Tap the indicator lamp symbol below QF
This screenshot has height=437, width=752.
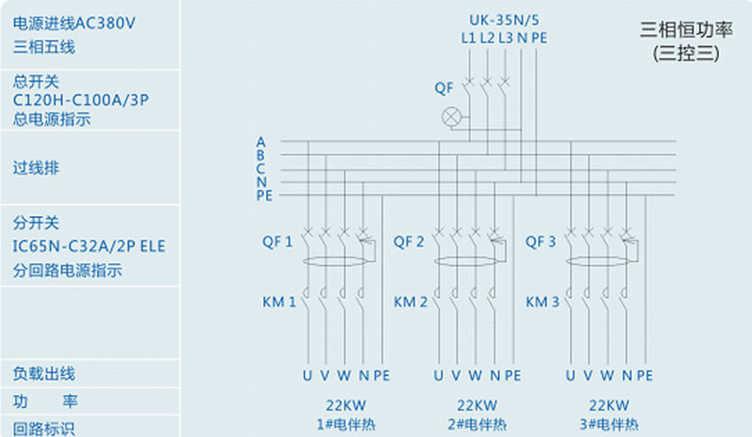(453, 117)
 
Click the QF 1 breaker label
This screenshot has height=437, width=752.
(277, 242)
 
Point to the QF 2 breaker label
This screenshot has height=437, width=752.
(409, 242)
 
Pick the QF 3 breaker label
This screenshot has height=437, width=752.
(541, 242)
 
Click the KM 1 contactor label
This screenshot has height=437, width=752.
(279, 303)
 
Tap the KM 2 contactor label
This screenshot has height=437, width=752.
(411, 303)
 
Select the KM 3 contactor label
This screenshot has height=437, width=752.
(542, 303)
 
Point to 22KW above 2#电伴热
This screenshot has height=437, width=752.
(477, 405)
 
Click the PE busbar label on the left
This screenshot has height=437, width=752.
(264, 195)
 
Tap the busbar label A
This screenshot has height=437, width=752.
(260, 142)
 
